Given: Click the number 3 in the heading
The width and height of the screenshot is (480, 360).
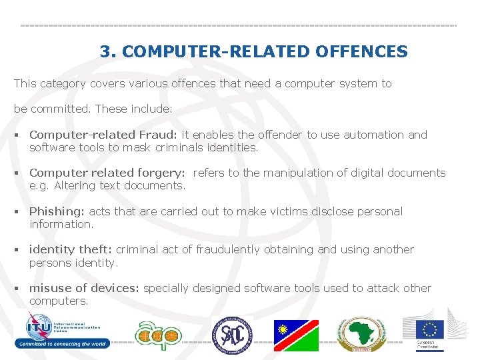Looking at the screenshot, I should point(105,51).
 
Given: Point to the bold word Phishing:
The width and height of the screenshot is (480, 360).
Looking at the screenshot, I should point(57,211).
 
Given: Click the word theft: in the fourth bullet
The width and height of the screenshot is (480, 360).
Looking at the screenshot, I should point(96,250).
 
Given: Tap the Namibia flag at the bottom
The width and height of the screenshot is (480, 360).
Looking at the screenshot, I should point(296,335).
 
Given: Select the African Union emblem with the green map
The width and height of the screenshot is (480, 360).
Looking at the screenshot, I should point(361,334).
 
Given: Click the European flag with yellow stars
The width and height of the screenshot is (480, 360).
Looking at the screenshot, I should point(430,329).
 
